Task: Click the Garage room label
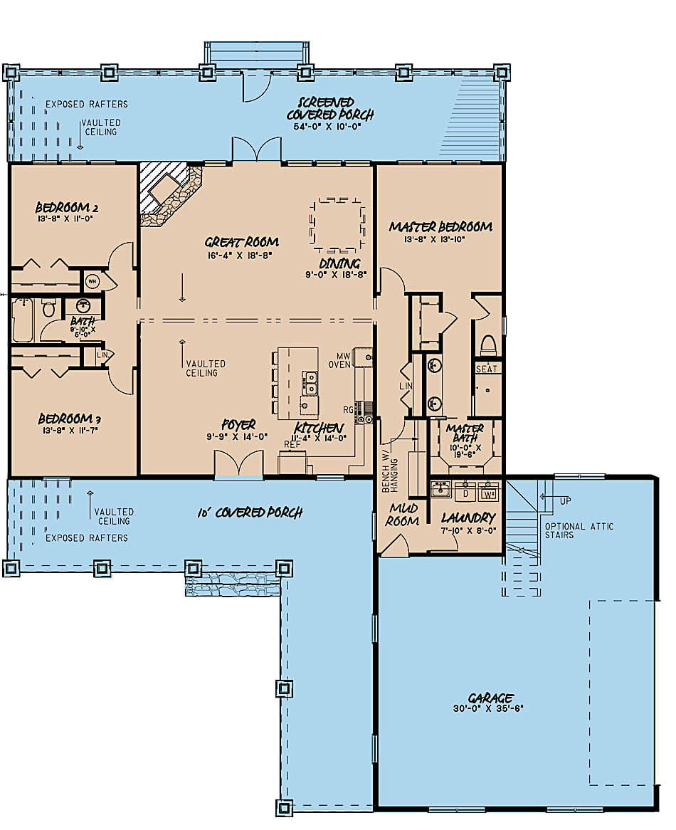(x=491, y=698)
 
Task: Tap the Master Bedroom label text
(x=440, y=227)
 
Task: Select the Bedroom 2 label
(x=67, y=208)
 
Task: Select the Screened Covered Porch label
(x=330, y=109)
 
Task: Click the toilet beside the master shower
(x=488, y=346)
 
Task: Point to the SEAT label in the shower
(x=487, y=369)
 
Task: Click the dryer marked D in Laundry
(x=465, y=492)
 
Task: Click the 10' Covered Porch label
(x=250, y=513)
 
